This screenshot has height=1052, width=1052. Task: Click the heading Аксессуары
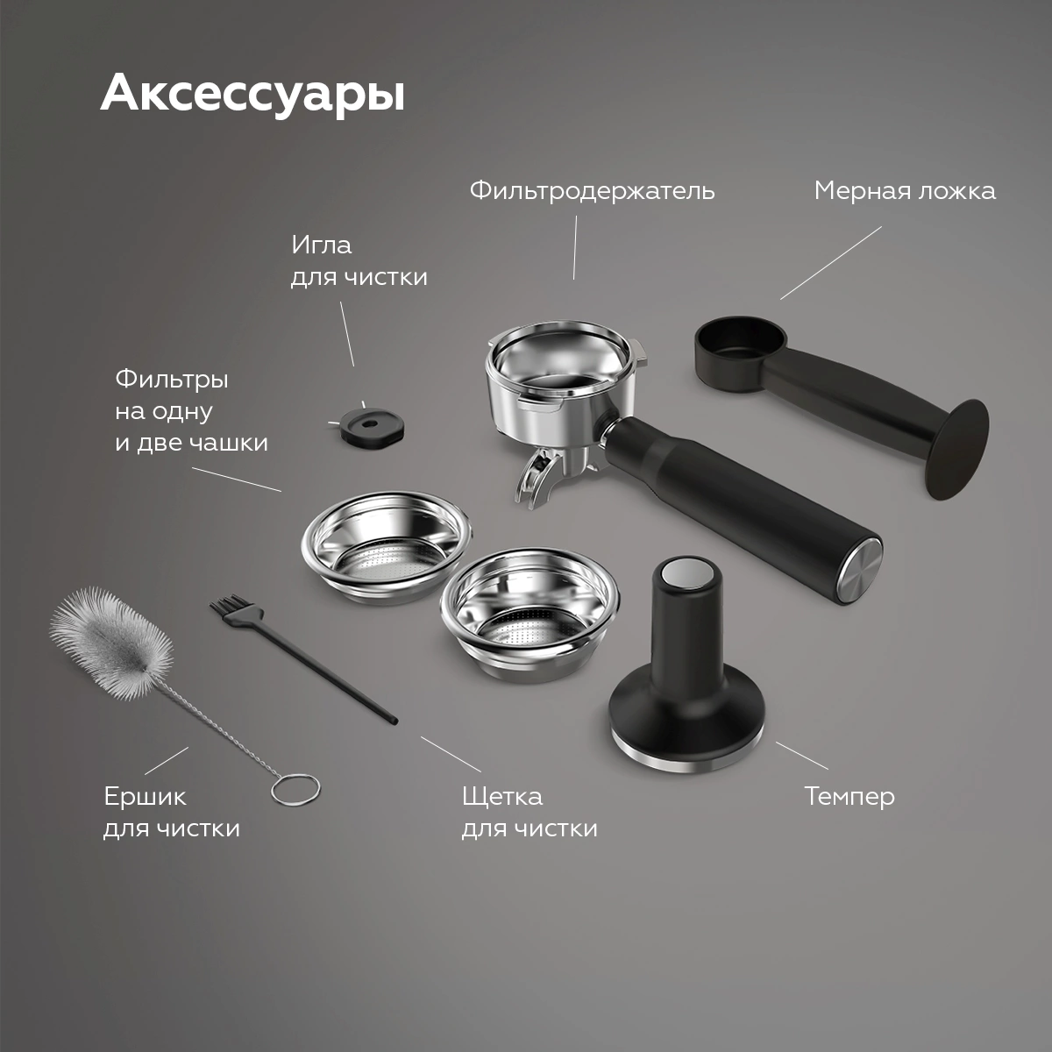(x=252, y=94)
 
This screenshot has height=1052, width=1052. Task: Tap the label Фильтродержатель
(x=592, y=191)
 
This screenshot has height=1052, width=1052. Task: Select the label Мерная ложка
(x=905, y=191)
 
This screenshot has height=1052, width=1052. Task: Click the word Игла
(x=321, y=245)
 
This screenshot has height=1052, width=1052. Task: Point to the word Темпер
(x=849, y=797)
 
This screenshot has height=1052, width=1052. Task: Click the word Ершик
(x=146, y=797)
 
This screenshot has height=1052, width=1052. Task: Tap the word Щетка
(x=502, y=797)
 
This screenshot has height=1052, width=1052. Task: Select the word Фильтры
(x=172, y=380)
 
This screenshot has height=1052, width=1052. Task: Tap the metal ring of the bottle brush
(x=295, y=790)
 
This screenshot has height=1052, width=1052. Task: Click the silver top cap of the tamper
(x=686, y=573)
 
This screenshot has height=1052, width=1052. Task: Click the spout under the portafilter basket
(x=537, y=477)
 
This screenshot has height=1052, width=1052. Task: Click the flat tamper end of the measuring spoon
(x=958, y=449)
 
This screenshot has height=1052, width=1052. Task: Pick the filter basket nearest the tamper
(x=529, y=615)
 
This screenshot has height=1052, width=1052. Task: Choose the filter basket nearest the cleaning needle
(x=386, y=547)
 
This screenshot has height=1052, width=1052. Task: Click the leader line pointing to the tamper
(x=802, y=756)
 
